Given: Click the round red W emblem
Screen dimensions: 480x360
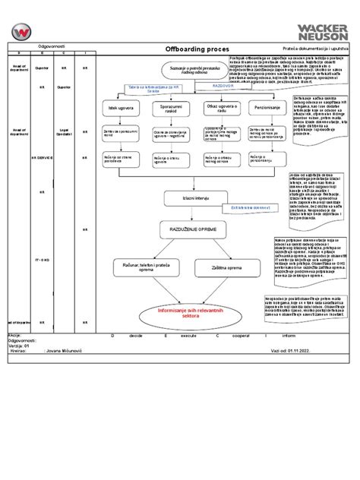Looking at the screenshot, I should click(22, 33).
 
